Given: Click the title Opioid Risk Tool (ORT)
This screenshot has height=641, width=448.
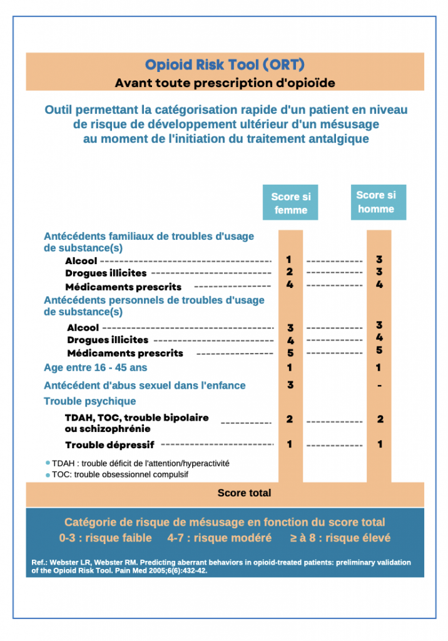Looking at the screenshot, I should pos(225,64).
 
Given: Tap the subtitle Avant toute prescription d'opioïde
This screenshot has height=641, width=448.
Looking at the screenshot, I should pos(225,83).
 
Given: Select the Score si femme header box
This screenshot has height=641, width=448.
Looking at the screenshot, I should pos(290,203).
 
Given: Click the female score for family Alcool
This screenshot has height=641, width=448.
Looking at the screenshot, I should pos(289,259).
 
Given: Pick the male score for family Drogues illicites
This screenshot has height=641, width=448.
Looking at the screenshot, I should pos(379,272).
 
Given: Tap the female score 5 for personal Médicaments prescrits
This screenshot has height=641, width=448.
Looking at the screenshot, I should pos(290,353).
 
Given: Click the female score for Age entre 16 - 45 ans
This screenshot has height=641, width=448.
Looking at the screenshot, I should pos(290,367).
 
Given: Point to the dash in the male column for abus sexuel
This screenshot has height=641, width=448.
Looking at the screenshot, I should pos(380,386).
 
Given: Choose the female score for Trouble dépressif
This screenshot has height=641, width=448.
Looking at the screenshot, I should pos(290,444).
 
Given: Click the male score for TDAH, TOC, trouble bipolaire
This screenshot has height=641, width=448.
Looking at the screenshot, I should pos(380,419).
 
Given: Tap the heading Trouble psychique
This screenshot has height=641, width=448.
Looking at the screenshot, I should pos(89,401).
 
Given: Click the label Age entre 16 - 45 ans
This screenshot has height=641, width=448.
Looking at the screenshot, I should pos(95,367).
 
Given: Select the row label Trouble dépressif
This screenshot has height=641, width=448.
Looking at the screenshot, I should pos(109,445).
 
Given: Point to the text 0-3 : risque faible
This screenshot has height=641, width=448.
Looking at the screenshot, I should pos(105,538).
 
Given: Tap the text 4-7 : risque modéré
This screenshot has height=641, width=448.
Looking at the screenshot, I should pos(219,538).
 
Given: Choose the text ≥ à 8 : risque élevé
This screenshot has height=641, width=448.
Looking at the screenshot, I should pos(340,538).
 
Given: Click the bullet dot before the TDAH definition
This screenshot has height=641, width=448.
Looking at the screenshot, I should pos(48,463).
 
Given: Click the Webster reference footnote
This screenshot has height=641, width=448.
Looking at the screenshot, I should pos(221,567).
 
